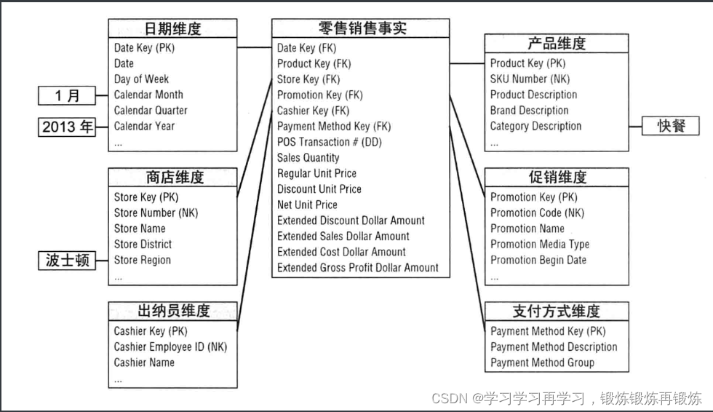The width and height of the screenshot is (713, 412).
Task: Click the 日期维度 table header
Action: (x=172, y=29)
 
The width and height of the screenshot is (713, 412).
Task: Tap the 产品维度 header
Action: (x=557, y=43)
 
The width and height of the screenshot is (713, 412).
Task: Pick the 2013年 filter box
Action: (x=68, y=127)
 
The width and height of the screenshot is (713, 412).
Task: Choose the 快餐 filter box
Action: (x=669, y=125)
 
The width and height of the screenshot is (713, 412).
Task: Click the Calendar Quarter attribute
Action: (x=151, y=111)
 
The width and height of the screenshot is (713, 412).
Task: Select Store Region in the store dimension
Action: (x=143, y=260)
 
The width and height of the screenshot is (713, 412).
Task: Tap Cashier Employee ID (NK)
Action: (x=170, y=346)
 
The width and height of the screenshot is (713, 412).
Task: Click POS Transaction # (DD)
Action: (x=328, y=142)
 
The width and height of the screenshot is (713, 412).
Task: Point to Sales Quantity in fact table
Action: (x=308, y=157)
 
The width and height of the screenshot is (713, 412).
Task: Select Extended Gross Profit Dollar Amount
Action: (x=358, y=267)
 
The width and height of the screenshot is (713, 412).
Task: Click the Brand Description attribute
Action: (x=529, y=111)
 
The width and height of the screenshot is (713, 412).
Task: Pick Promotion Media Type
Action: (x=540, y=245)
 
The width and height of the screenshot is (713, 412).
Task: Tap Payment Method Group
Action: (x=542, y=363)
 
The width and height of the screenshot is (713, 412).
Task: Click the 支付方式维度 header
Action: (x=557, y=311)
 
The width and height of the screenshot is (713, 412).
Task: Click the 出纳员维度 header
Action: (x=173, y=311)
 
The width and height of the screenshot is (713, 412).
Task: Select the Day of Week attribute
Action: (x=141, y=79)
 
